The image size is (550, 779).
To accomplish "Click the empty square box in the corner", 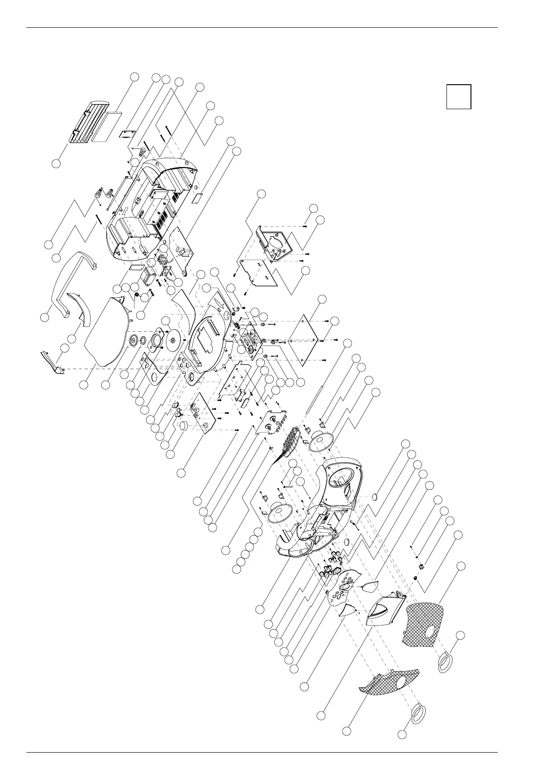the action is [x=458, y=96].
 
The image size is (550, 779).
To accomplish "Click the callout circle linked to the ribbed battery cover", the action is [x=56, y=164].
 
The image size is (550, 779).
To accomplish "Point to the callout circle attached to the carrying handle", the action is [x=44, y=318].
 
